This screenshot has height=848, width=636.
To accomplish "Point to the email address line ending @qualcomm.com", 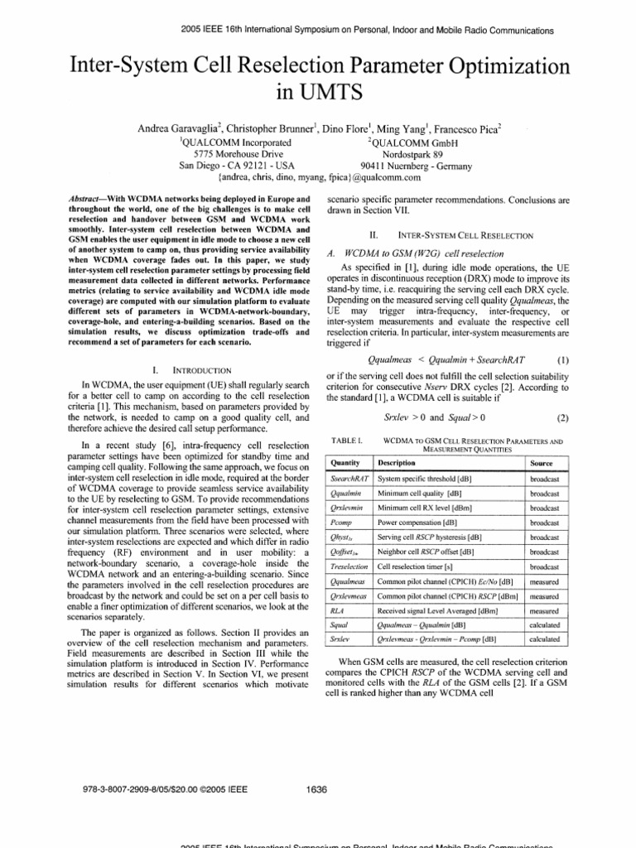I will click(x=319, y=176).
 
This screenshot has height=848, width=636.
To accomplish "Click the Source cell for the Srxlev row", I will click(x=544, y=639).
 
